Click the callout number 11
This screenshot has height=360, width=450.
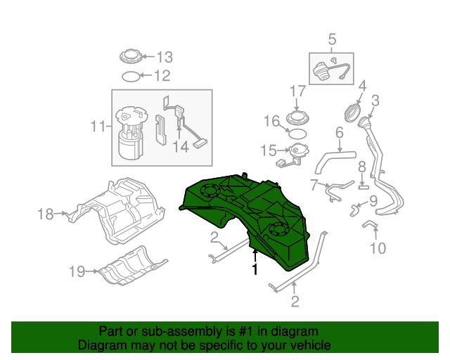click(x=98, y=127)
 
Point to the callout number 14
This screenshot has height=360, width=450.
click(x=181, y=146)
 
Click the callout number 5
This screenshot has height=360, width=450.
click(x=332, y=40)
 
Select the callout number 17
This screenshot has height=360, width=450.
click(x=297, y=91)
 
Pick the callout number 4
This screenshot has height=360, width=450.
click(x=363, y=87)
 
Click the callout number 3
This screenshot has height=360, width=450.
click(x=375, y=101)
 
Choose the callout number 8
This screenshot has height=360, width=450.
click(x=361, y=167)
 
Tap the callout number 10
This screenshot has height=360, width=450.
click(x=378, y=247)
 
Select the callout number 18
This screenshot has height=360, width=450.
click(x=46, y=214)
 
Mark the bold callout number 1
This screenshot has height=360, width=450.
click(x=255, y=269)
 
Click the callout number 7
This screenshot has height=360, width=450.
click(x=314, y=184)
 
